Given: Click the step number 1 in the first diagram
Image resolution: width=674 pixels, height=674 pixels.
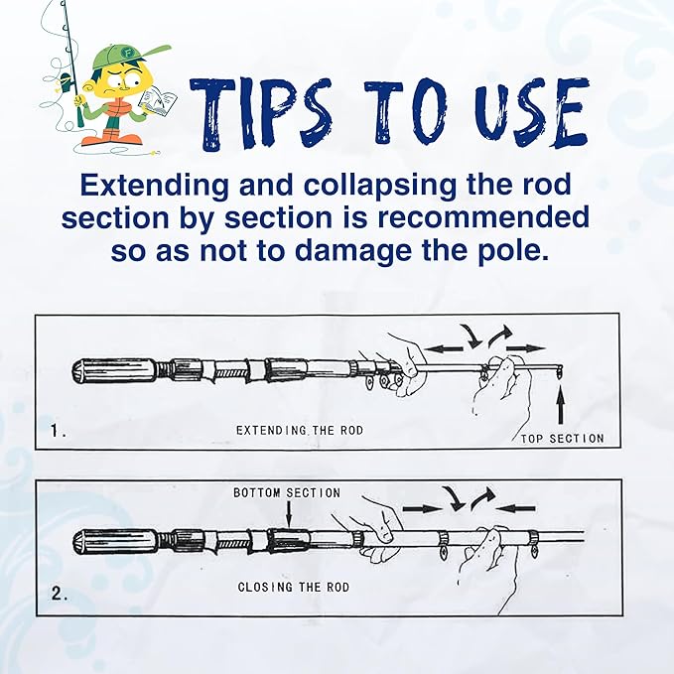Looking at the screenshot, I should [58, 432].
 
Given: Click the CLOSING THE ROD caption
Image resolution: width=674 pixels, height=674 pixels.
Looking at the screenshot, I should [294, 588].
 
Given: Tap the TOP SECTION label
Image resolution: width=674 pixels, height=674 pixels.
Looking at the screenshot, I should [562, 438].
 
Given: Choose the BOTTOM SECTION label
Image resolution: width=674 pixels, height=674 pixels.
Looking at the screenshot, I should [287, 492].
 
